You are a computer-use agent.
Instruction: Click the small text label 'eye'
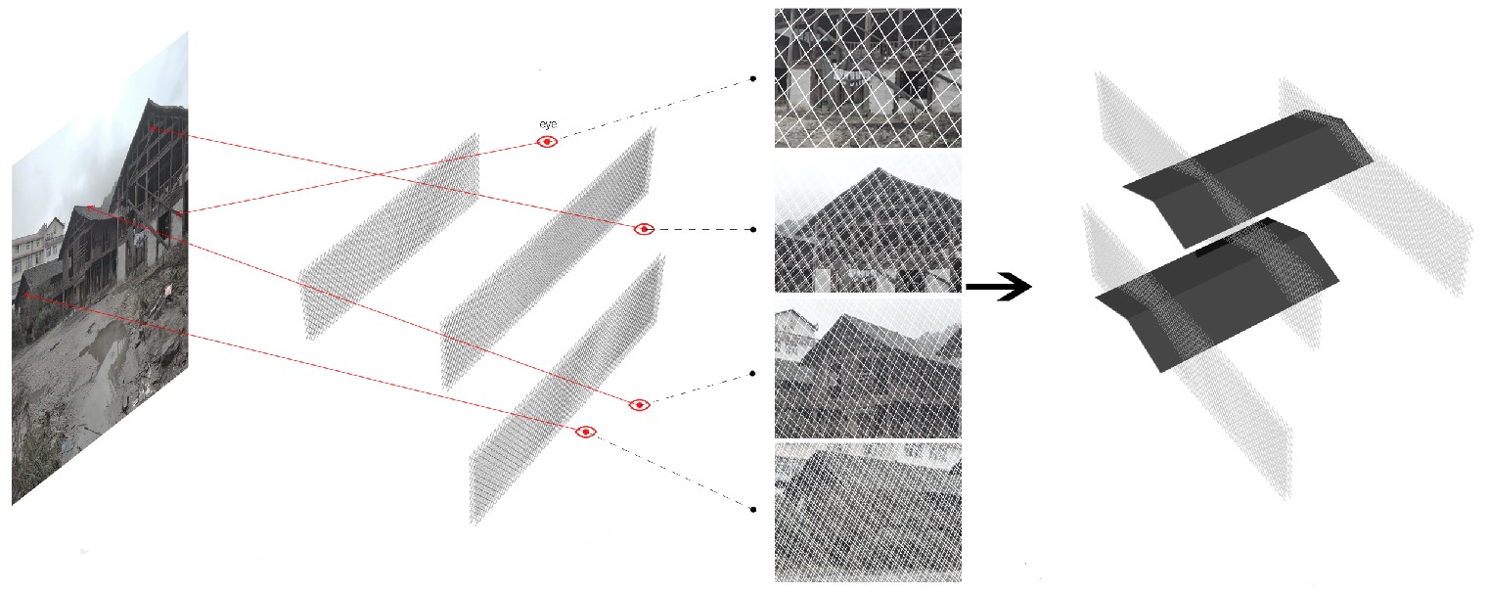point(548,124)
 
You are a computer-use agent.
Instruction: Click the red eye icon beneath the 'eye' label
point(548,142)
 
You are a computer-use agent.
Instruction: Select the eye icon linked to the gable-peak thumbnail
point(644,229)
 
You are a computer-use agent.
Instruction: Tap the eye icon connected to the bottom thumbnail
point(585,433)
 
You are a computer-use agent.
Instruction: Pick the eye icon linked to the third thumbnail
point(639,404)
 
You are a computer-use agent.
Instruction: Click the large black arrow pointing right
point(998,287)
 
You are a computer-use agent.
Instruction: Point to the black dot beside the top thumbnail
point(752,78)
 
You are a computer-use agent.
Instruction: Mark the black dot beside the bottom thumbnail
point(752,510)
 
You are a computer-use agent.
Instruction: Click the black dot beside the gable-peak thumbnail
point(752,229)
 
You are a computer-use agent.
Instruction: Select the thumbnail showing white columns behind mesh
point(868,77)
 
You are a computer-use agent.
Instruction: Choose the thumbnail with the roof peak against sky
point(868,223)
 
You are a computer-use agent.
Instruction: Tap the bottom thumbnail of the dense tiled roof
point(868,513)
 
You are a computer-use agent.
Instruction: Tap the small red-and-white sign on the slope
point(167,290)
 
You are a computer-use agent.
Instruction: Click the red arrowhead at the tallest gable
point(153,127)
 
